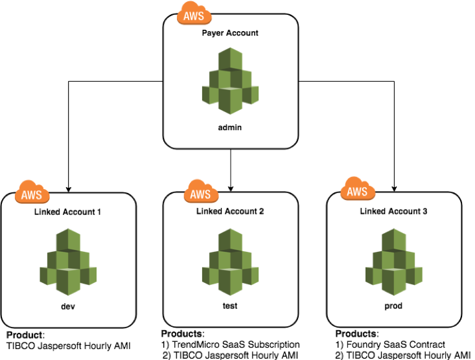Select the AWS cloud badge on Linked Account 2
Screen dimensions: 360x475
pos(201,193)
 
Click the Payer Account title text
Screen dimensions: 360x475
pos(230,32)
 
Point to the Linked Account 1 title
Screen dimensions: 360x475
pos(67,212)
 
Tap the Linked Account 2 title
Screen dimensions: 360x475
pos(231,212)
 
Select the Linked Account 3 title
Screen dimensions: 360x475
pos(394,212)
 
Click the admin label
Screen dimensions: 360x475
pos(230,128)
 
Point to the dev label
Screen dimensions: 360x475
pos(67,306)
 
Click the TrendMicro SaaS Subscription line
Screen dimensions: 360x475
pos(231,344)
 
